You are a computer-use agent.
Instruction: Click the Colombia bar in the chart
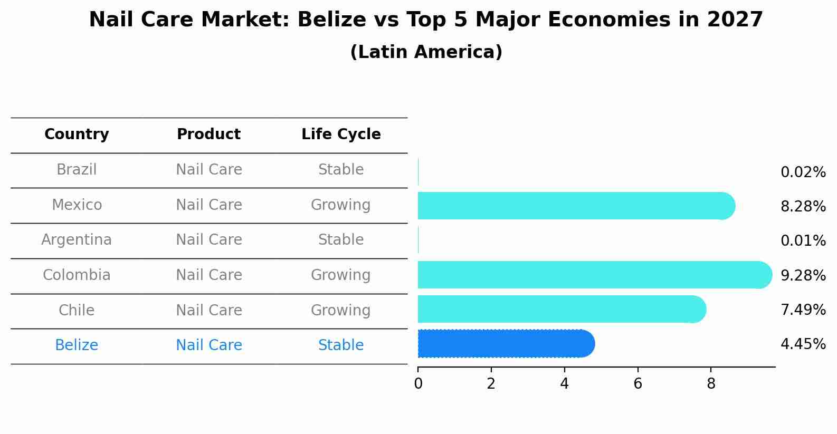[591, 275]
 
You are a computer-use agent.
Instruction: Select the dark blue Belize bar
[504, 344]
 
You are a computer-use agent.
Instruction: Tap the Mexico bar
[573, 206]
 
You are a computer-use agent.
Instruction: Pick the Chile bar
[559, 309]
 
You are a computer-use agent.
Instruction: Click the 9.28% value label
[803, 275]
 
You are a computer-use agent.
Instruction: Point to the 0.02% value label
[803, 172]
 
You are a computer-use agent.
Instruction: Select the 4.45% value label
[803, 344]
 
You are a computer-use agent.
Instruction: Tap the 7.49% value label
[803, 310]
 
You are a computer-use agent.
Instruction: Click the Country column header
[77, 134]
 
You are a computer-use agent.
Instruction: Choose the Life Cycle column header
[341, 134]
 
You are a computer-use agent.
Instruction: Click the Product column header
[208, 134]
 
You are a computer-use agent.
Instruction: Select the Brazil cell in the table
[77, 170]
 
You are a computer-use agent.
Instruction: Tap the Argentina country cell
[77, 240]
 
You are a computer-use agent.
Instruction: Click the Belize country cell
[77, 345]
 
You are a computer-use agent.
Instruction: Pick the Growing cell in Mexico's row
[340, 205]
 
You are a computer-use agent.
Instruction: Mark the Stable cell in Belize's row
[340, 345]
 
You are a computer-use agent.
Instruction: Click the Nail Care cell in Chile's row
[208, 310]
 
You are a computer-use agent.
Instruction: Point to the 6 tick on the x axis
[638, 384]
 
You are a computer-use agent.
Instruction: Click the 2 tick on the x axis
[491, 384]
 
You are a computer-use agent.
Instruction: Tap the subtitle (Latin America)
[426, 52]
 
